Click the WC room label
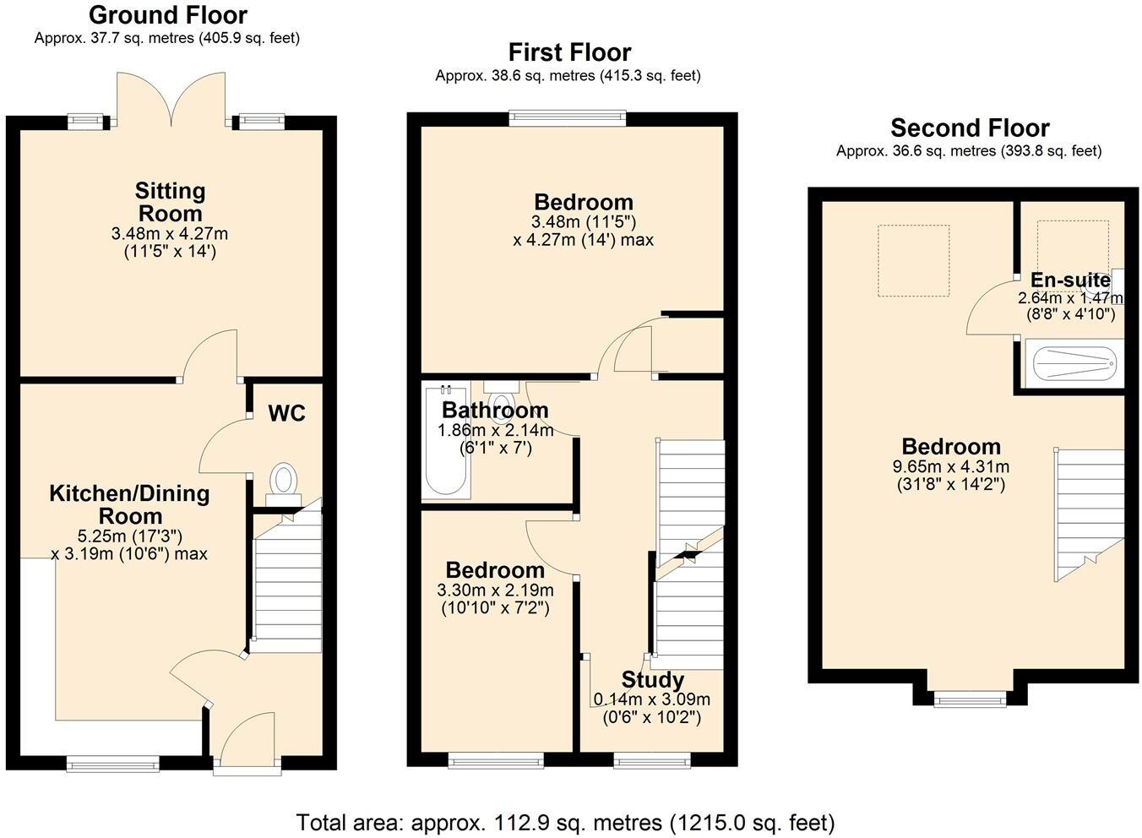pos(286,413)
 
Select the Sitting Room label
pos(170,202)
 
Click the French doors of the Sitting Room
pos(171,102)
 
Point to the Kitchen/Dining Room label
pos(129,504)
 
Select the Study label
pos(652,680)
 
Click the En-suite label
pos(1070,280)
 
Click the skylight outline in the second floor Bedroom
pos(913,260)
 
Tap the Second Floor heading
pos(970,128)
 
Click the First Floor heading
pos(569,52)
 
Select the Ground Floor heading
pos(167,15)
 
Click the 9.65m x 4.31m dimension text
pos(950,466)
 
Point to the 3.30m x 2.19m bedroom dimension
pos(495,590)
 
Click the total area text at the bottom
pos(565,822)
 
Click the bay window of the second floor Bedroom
pos(970,697)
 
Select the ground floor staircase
pos(287,583)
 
